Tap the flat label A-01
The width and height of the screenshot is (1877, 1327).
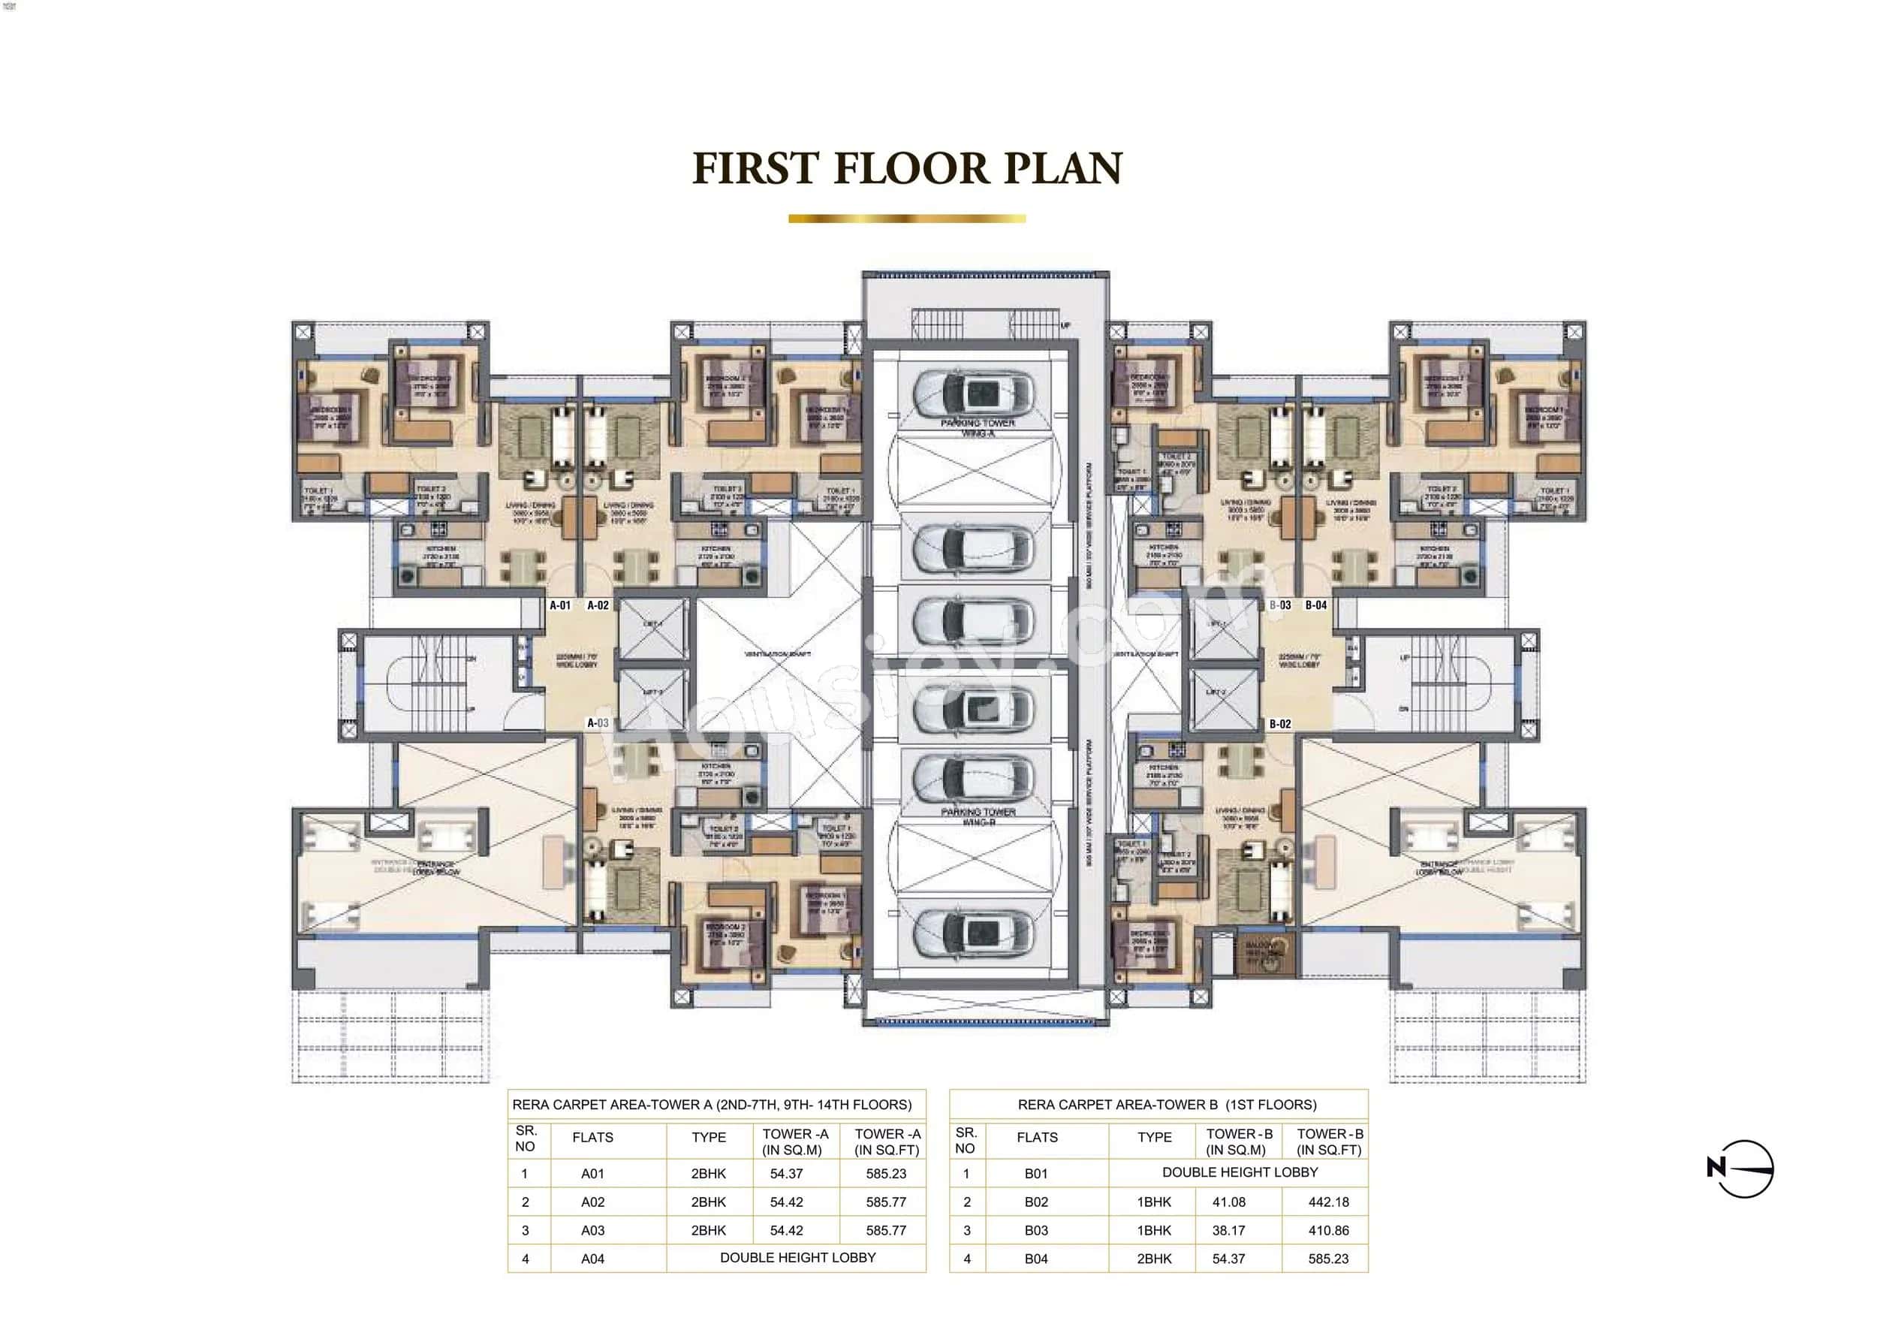click(x=560, y=606)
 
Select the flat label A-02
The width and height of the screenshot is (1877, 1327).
click(x=598, y=606)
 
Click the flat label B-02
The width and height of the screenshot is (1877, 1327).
click(x=1280, y=725)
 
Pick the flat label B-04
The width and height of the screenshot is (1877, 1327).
click(x=1316, y=606)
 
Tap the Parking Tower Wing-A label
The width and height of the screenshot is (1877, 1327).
click(x=978, y=427)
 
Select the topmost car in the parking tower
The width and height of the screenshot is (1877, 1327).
click(x=973, y=394)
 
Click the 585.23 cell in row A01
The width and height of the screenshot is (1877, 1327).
click(x=886, y=1174)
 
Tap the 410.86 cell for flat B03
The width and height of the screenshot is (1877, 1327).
click(x=1328, y=1231)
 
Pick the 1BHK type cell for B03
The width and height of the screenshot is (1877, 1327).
click(x=1153, y=1231)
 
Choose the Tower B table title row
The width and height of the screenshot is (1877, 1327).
click(x=1167, y=1105)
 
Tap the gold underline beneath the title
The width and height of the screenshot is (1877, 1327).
click(x=907, y=219)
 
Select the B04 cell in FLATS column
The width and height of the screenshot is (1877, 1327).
click(x=1036, y=1259)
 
